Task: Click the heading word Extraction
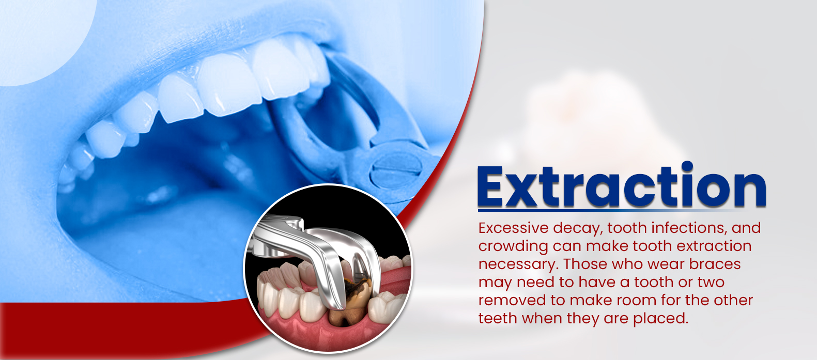click(x=622, y=186)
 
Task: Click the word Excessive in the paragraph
click(x=514, y=228)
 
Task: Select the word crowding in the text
click(x=513, y=247)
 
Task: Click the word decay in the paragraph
click(x=576, y=229)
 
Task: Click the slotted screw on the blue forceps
click(x=396, y=170)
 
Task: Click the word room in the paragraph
click(x=625, y=301)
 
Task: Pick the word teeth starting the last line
click(x=498, y=319)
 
